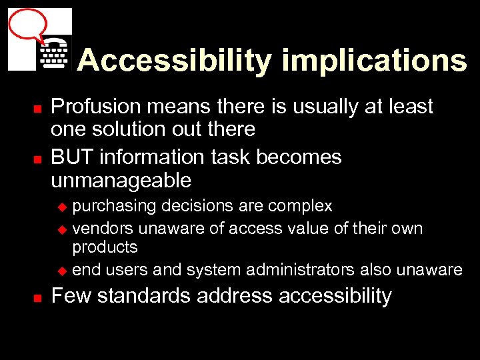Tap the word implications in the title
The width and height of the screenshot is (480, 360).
tap(374, 61)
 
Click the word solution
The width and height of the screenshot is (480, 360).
tap(129, 129)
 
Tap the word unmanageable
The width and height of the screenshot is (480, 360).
tap(121, 180)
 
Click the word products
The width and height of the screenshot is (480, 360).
tap(105, 247)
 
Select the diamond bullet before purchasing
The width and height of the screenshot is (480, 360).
tap(63, 207)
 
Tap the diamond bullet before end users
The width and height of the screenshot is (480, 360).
tap(63, 271)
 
